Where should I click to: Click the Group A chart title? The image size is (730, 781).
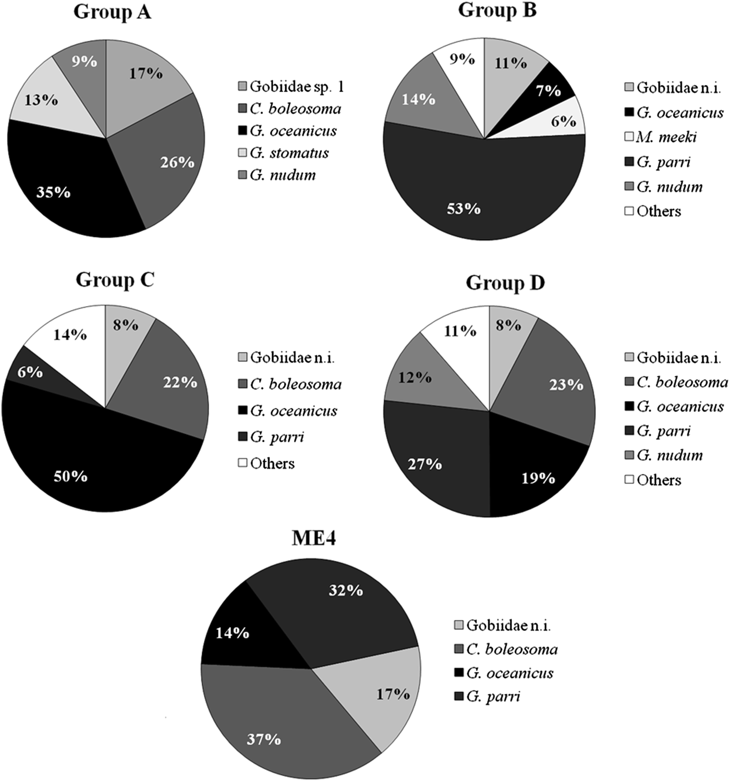tap(112, 11)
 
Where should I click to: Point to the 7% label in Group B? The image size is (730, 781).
tap(548, 91)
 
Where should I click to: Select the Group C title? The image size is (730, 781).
tap(115, 280)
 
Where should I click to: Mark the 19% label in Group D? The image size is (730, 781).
tap(538, 478)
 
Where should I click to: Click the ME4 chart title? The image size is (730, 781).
tap(313, 538)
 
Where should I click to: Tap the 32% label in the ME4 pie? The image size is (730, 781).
tap(346, 590)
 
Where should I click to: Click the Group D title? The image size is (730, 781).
tap(505, 283)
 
